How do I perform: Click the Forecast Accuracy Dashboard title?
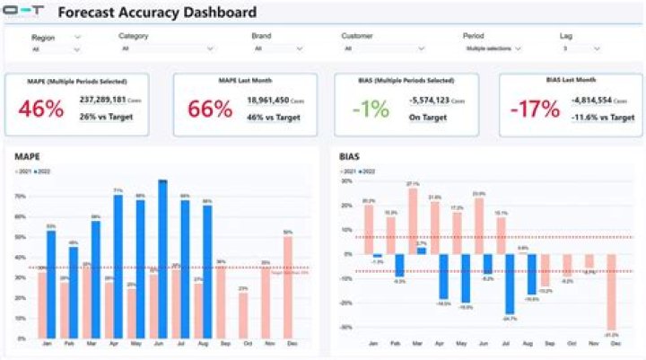click(x=158, y=13)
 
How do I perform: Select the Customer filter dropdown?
click(x=371, y=48)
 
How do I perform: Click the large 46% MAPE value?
click(x=41, y=109)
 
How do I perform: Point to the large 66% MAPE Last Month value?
click(x=210, y=110)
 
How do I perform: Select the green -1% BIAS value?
click(x=371, y=110)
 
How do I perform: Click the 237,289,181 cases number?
click(x=102, y=100)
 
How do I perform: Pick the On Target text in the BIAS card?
click(x=426, y=117)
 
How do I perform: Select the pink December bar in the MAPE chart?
click(x=288, y=288)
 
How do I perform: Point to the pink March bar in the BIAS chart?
click(x=413, y=221)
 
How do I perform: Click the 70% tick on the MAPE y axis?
click(x=20, y=195)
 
